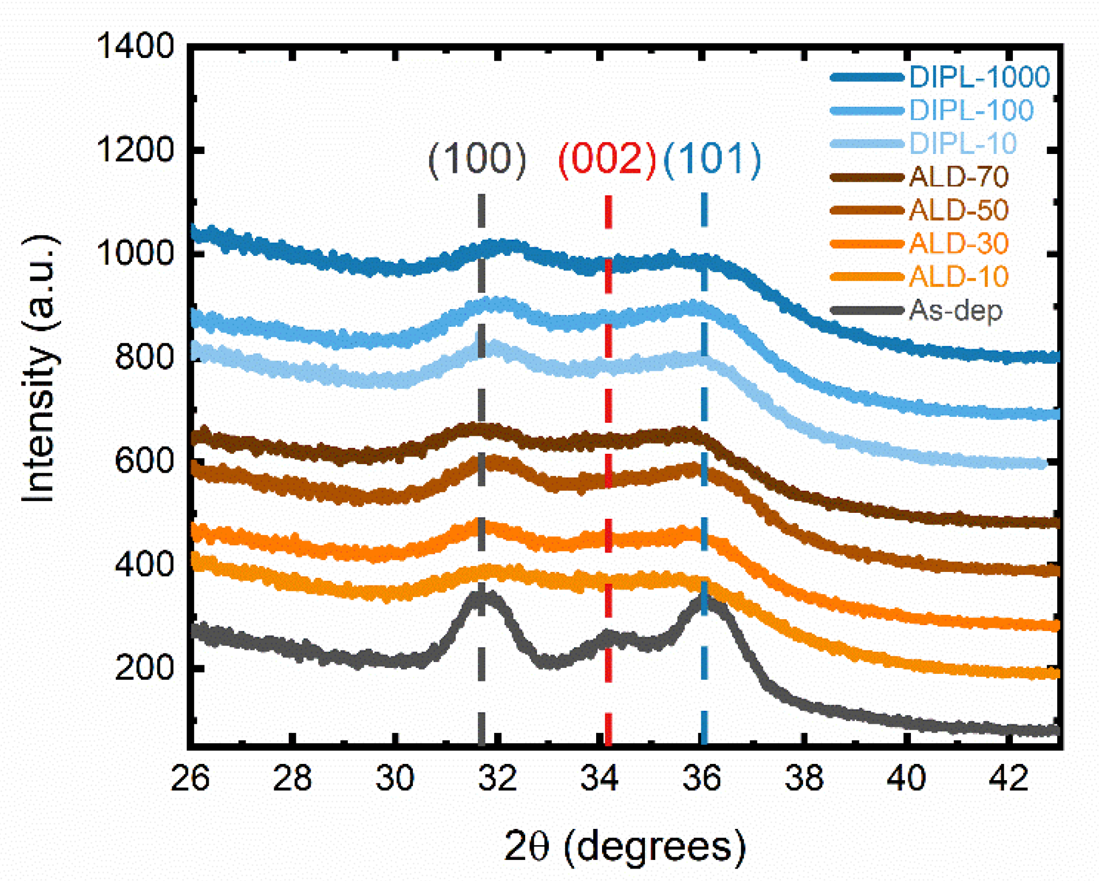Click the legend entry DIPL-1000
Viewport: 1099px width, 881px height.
pyautogui.click(x=979, y=77)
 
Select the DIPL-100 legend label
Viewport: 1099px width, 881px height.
pyautogui.click(x=971, y=111)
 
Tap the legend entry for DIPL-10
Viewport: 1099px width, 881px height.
pyautogui.click(x=962, y=144)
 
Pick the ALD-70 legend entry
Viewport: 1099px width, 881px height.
pyautogui.click(x=958, y=177)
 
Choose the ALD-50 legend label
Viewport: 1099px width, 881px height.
pyautogui.click(x=958, y=210)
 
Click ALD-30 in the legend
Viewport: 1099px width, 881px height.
pyautogui.click(x=958, y=243)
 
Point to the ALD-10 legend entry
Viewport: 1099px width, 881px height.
pyautogui.click(x=958, y=277)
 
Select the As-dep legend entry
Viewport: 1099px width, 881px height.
pyautogui.click(x=955, y=311)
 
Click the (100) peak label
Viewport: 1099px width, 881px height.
pyautogui.click(x=477, y=159)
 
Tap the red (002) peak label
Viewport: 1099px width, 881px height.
pyautogui.click(x=607, y=159)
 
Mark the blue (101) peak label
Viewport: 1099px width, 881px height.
pyautogui.click(x=712, y=159)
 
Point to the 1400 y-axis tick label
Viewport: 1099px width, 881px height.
pyautogui.click(x=135, y=46)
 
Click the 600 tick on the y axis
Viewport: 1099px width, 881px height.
pyautogui.click(x=144, y=461)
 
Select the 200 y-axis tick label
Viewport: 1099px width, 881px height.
pyautogui.click(x=144, y=667)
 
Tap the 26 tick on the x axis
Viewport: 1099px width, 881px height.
pyautogui.click(x=190, y=779)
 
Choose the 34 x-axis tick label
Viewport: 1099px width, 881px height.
pyautogui.click(x=599, y=779)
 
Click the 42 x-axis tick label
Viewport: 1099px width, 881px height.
pyautogui.click(x=1008, y=779)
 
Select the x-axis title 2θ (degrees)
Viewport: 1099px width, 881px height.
pyautogui.click(x=624, y=846)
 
